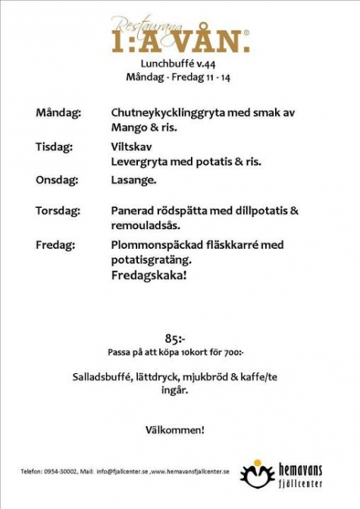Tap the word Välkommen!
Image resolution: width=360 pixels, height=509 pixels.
click(174, 430)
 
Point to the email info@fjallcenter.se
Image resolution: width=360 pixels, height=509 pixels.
click(121, 471)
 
